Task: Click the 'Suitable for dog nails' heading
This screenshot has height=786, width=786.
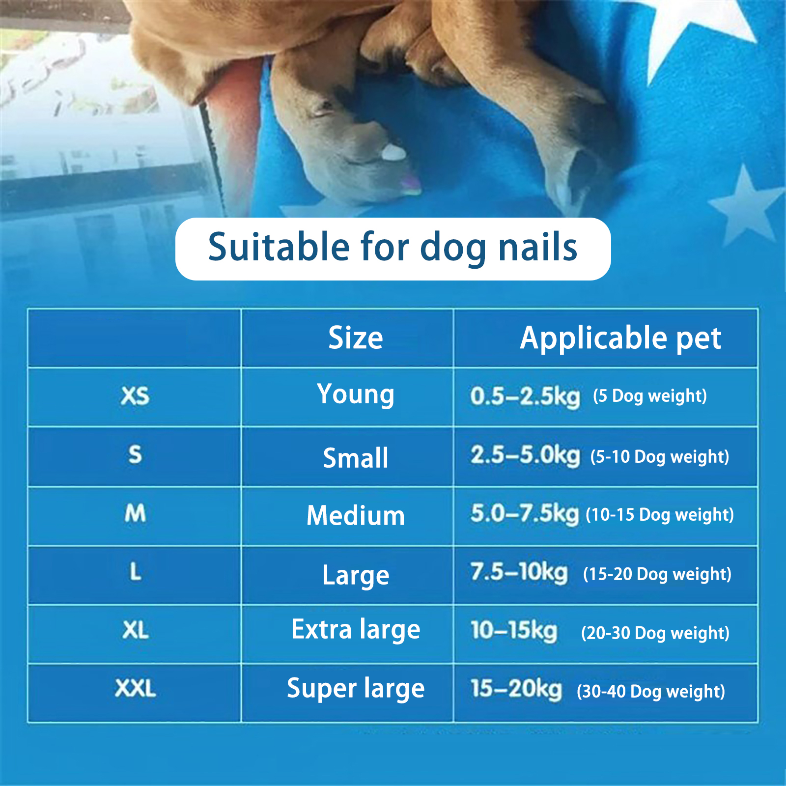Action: (x=393, y=248)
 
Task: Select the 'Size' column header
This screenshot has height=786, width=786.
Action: (x=356, y=338)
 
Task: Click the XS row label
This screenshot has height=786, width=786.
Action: (x=135, y=396)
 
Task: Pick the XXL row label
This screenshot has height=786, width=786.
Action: (x=136, y=688)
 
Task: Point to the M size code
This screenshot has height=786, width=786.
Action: (x=135, y=513)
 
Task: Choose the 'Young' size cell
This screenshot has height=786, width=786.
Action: (x=356, y=395)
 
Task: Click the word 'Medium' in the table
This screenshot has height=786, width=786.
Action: (x=356, y=516)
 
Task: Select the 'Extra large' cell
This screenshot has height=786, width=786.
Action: (x=356, y=630)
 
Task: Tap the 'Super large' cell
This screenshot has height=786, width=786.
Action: (x=356, y=689)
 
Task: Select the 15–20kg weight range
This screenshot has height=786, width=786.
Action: (x=516, y=689)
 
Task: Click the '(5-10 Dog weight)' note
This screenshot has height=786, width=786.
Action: (x=660, y=457)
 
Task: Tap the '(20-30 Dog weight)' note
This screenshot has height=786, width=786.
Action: (x=655, y=633)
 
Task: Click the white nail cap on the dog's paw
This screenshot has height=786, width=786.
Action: (x=394, y=153)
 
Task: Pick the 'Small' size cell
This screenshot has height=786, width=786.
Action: (x=356, y=458)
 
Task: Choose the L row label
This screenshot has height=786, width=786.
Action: (x=136, y=572)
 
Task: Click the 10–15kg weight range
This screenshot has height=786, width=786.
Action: (x=514, y=631)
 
